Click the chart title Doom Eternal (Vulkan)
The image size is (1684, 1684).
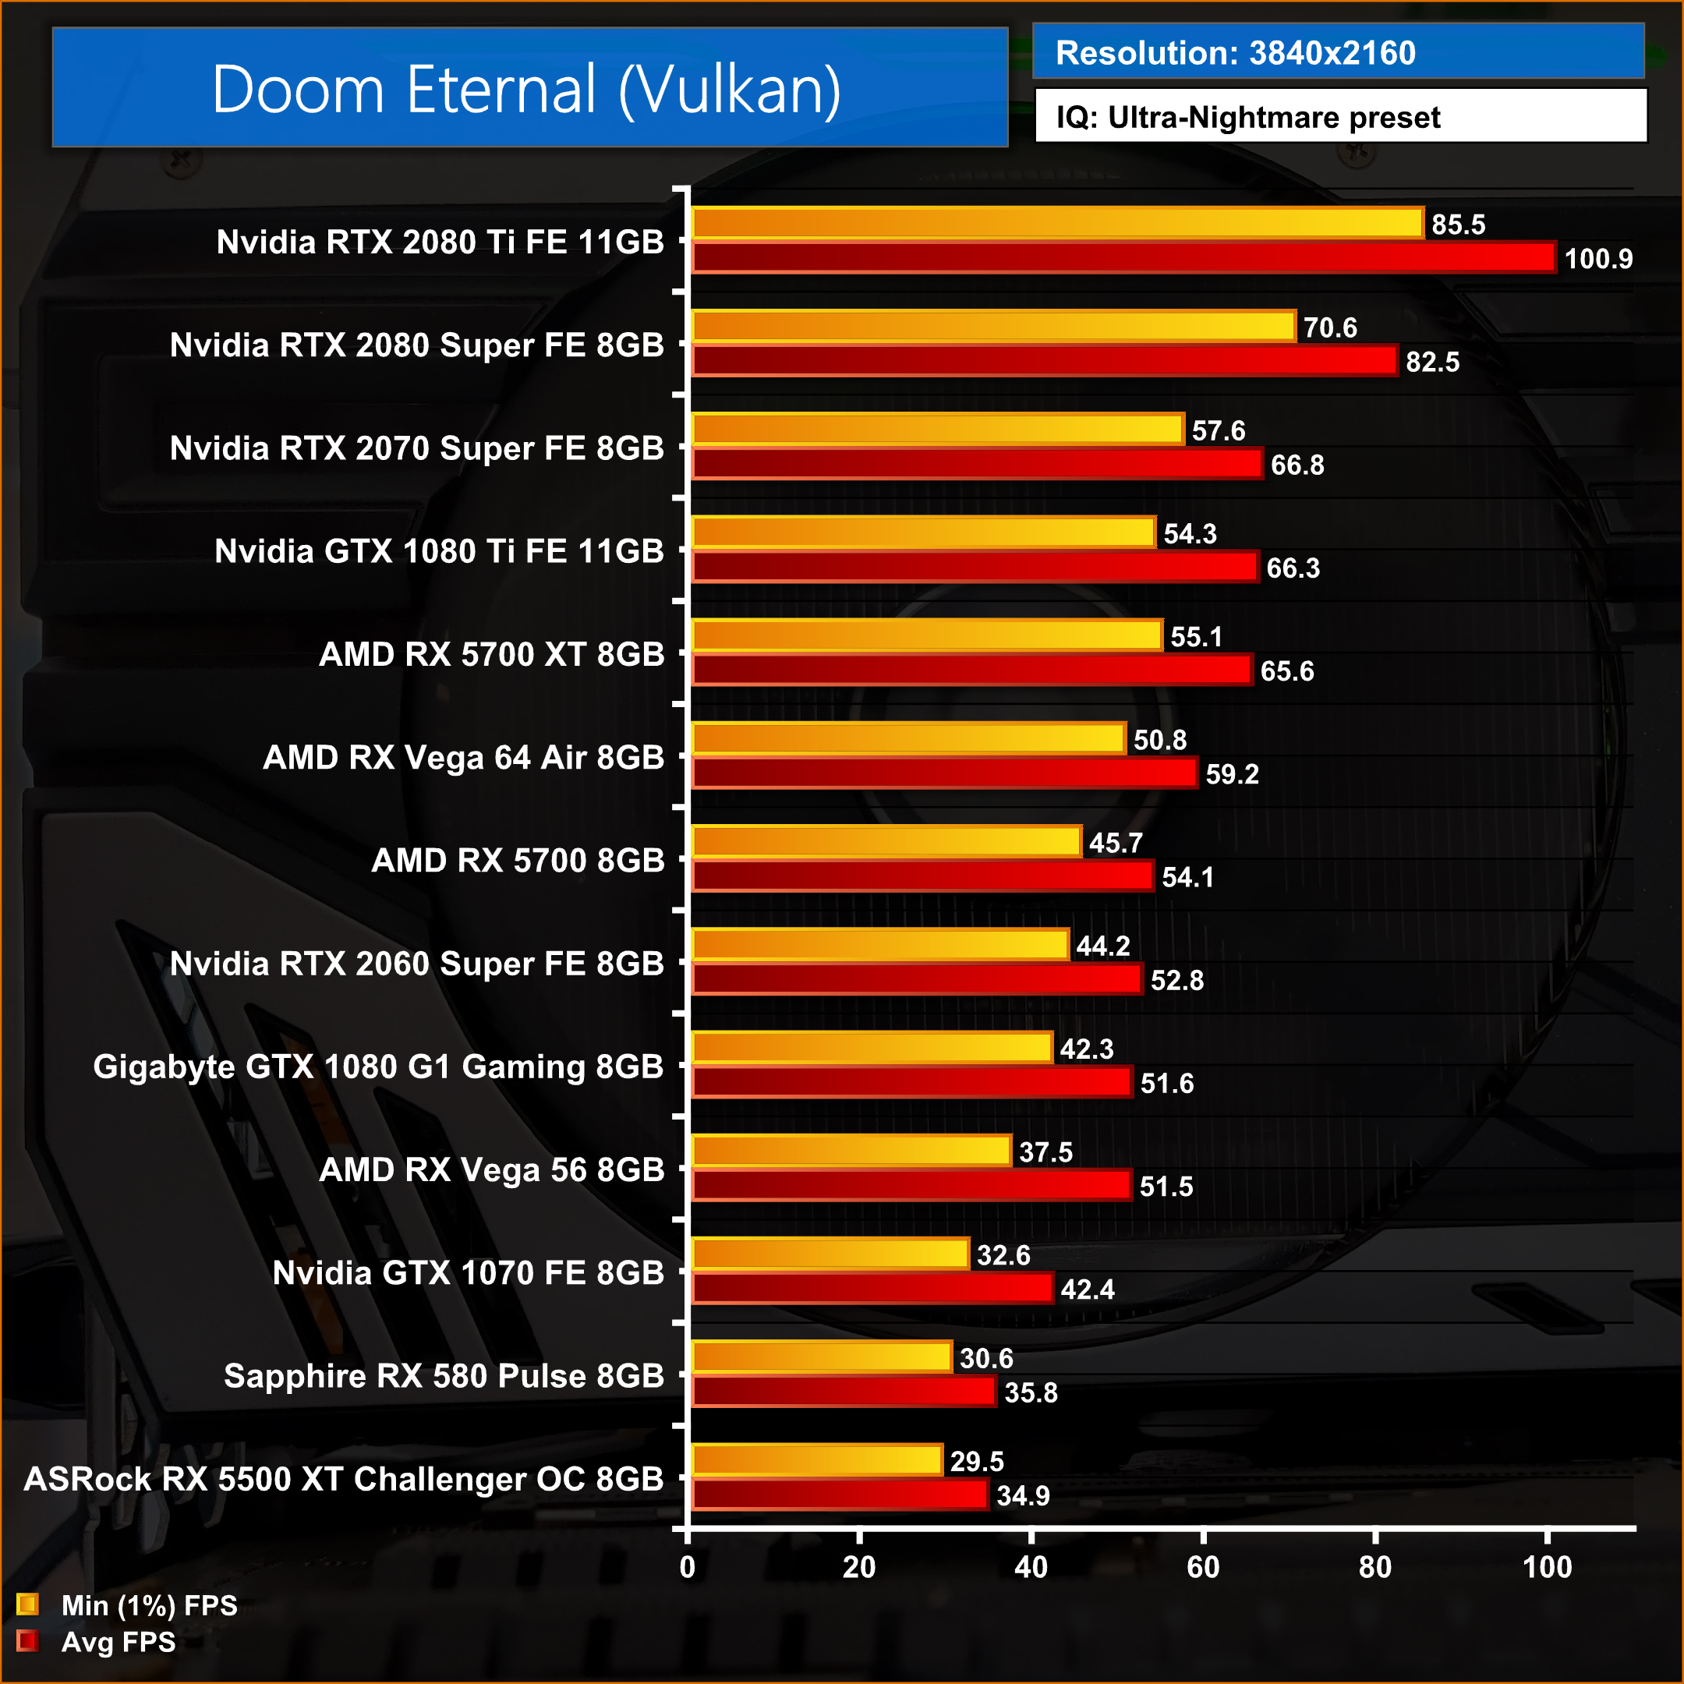pyautogui.click(x=526, y=89)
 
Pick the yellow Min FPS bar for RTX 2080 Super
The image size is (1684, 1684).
pyautogui.click(x=994, y=327)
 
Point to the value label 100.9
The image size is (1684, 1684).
pyautogui.click(x=1597, y=259)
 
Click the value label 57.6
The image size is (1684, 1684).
pyautogui.click(x=1219, y=430)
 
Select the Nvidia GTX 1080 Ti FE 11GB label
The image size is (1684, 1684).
pyautogui.click(x=439, y=551)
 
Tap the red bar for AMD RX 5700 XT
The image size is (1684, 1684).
pyautogui.click(x=972, y=670)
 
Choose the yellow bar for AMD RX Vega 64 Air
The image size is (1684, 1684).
pyautogui.click(x=908, y=739)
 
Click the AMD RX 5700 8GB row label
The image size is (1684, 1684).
pyautogui.click(x=518, y=860)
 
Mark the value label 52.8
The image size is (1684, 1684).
pyautogui.click(x=1176, y=981)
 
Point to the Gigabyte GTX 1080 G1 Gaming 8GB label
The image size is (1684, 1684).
pyautogui.click(x=378, y=1066)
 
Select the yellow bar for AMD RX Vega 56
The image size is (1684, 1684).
pyautogui.click(x=851, y=1152)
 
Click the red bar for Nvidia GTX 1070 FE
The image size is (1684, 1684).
pyautogui.click(x=872, y=1288)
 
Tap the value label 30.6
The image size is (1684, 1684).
pyautogui.click(x=985, y=1358)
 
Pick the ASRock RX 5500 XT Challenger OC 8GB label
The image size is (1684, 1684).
pyautogui.click(x=345, y=1478)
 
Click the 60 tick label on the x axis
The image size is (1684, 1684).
pyautogui.click(x=1203, y=1567)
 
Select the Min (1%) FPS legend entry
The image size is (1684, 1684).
pyautogui.click(x=127, y=1605)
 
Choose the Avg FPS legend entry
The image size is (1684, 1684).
pyautogui.click(x=97, y=1642)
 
